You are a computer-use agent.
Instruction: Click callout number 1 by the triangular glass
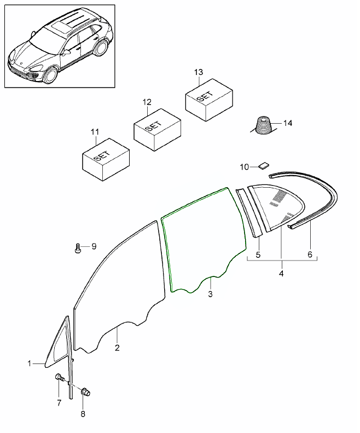tap(30, 363)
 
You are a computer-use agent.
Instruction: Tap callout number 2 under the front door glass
tap(117, 347)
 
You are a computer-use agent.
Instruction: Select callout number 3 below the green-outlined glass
tap(211, 294)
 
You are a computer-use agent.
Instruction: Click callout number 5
tap(258, 255)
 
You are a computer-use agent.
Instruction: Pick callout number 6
tap(310, 255)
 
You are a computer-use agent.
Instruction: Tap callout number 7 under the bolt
tap(59, 403)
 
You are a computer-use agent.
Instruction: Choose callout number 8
tap(83, 414)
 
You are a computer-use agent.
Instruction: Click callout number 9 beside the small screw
tap(93, 246)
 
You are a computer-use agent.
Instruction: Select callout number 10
tap(245, 166)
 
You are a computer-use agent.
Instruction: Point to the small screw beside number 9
tap(78, 249)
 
